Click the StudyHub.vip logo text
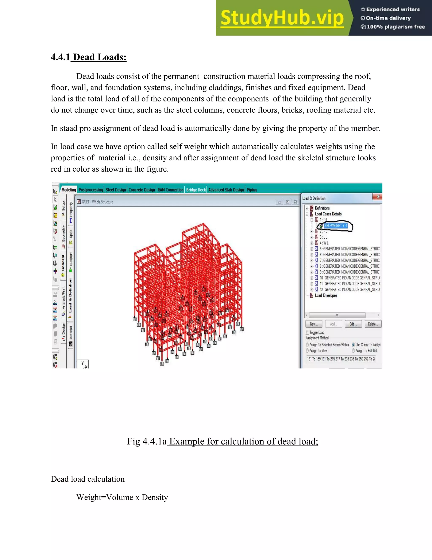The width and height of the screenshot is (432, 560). tap(282, 18)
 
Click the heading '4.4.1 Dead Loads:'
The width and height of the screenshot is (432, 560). tap(89, 57)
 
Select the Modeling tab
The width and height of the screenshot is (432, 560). tap(69, 190)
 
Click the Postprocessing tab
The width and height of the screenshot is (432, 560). tap(90, 190)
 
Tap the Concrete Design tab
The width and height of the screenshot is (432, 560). tap(142, 190)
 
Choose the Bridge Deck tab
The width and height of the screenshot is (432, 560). tap(196, 190)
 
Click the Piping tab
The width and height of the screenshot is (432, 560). tap(252, 190)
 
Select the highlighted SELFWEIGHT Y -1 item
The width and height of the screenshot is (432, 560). tap(336, 226)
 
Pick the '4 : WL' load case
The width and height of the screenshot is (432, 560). tap(324, 243)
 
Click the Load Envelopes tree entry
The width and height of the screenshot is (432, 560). tap(326, 295)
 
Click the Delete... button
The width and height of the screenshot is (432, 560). tap(373, 324)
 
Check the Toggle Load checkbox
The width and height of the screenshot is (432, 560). tap(307, 332)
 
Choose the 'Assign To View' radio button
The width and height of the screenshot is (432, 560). tap(307, 351)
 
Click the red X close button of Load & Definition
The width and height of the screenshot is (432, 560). tap(378, 197)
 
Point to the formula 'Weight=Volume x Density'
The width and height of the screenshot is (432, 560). tap(122, 497)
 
